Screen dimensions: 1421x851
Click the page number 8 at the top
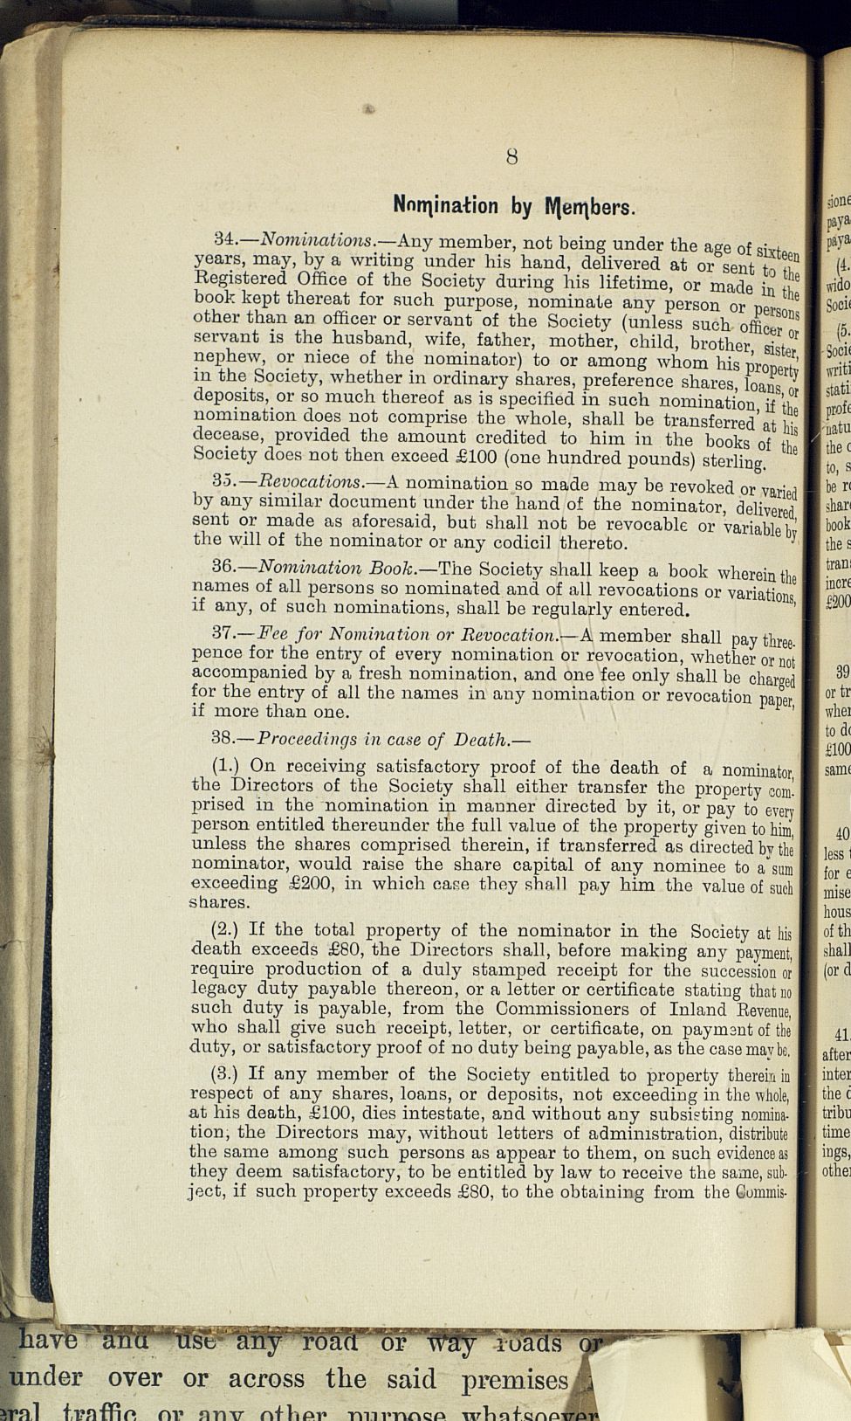511,157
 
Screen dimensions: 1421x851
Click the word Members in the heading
589,208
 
